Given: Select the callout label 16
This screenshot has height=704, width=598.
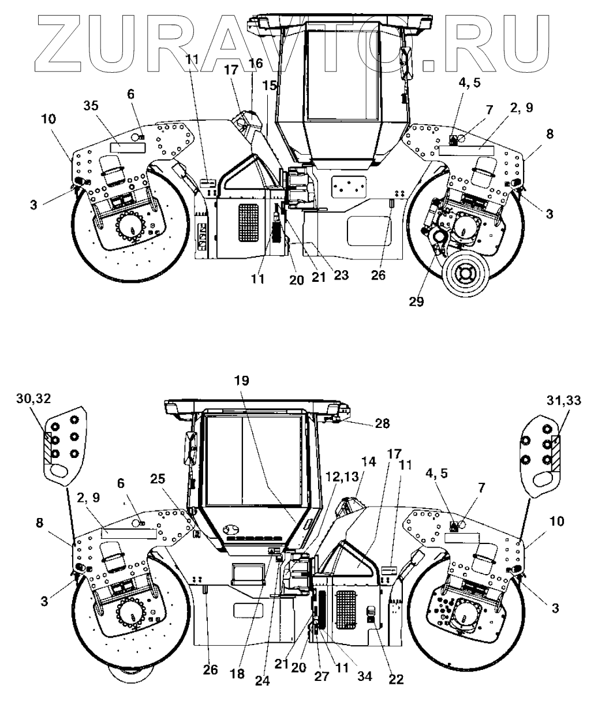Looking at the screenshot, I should click(256, 63).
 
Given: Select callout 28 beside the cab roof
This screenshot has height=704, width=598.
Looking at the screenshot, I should click(382, 424).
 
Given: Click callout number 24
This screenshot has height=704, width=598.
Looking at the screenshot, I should click(263, 681).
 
